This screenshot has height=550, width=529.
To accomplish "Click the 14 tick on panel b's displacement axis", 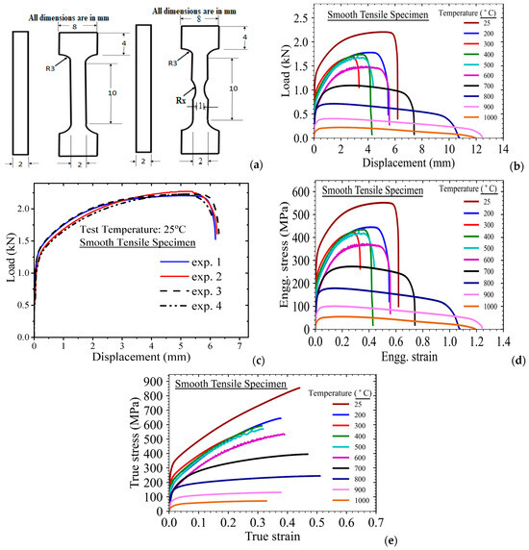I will pyautogui.click(x=501, y=149).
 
